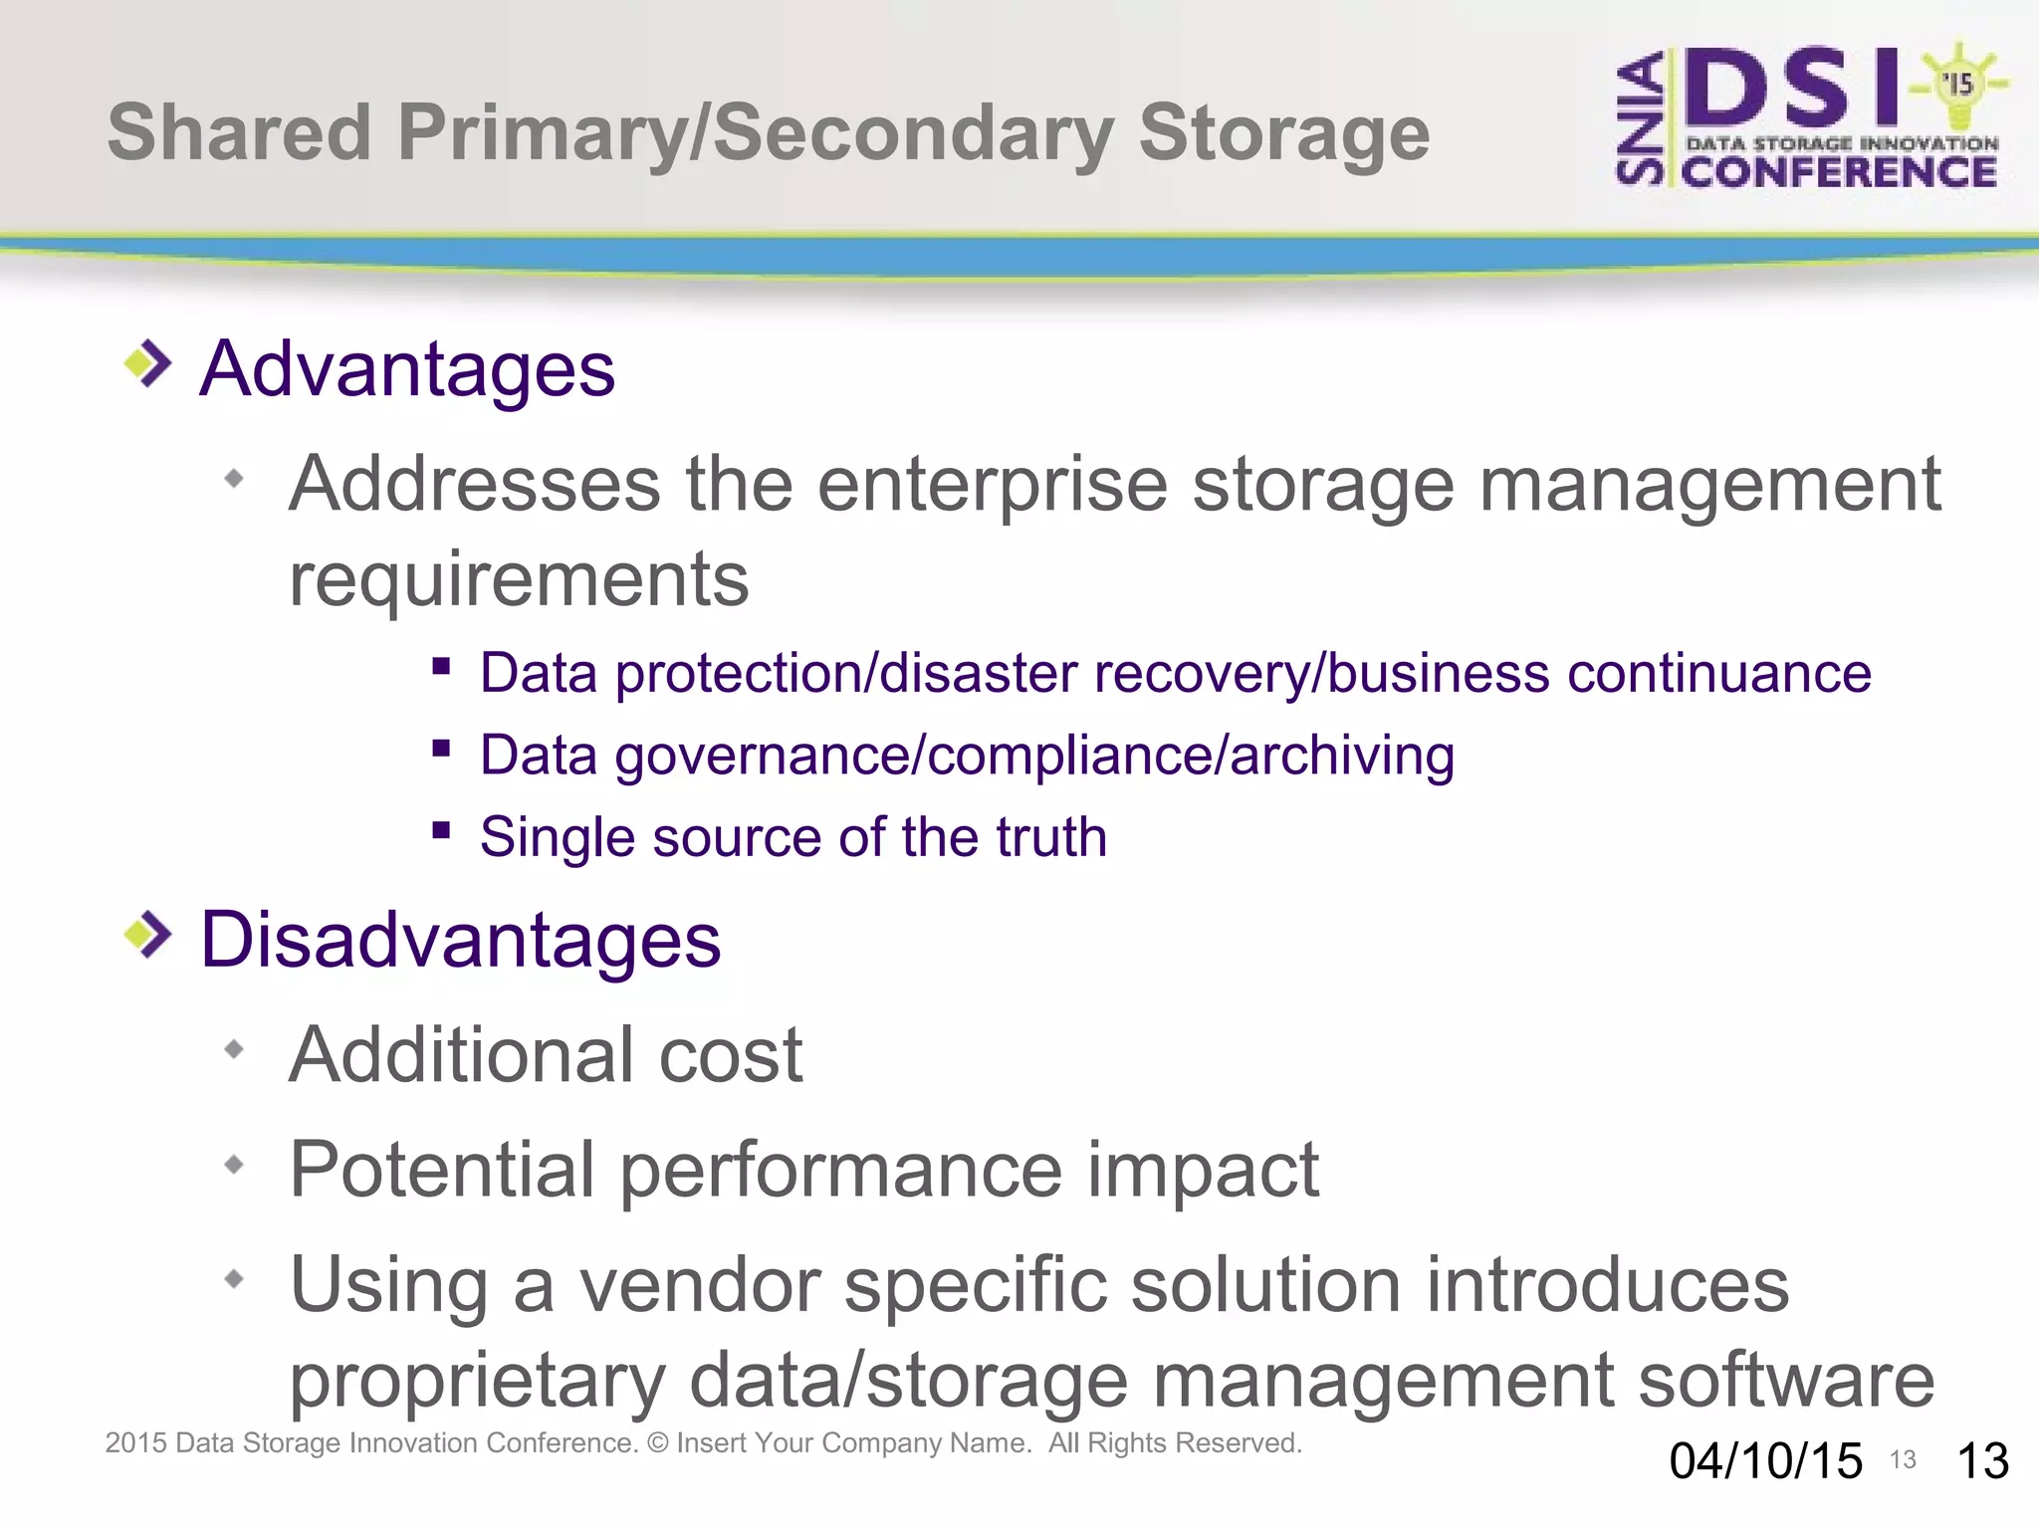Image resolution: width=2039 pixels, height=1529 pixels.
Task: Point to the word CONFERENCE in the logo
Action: click(1839, 172)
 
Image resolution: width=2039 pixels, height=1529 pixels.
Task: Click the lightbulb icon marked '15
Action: click(1958, 86)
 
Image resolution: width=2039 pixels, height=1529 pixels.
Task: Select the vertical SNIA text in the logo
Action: click(1640, 119)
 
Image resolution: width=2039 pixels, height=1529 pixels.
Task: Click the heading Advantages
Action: click(407, 369)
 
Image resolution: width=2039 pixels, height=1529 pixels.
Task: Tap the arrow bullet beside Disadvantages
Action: click(148, 935)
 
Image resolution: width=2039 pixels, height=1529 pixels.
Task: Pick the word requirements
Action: click(519, 579)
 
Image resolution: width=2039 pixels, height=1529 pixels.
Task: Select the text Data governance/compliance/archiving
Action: click(967, 755)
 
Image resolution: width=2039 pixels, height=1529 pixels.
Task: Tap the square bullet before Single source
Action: click(442, 829)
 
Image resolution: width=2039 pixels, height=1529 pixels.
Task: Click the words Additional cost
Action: click(546, 1054)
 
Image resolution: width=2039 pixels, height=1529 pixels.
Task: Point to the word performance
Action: click(841, 1169)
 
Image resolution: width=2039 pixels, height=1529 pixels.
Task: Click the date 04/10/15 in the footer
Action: click(1765, 1461)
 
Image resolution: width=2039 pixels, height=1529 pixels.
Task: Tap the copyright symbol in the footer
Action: click(657, 1442)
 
